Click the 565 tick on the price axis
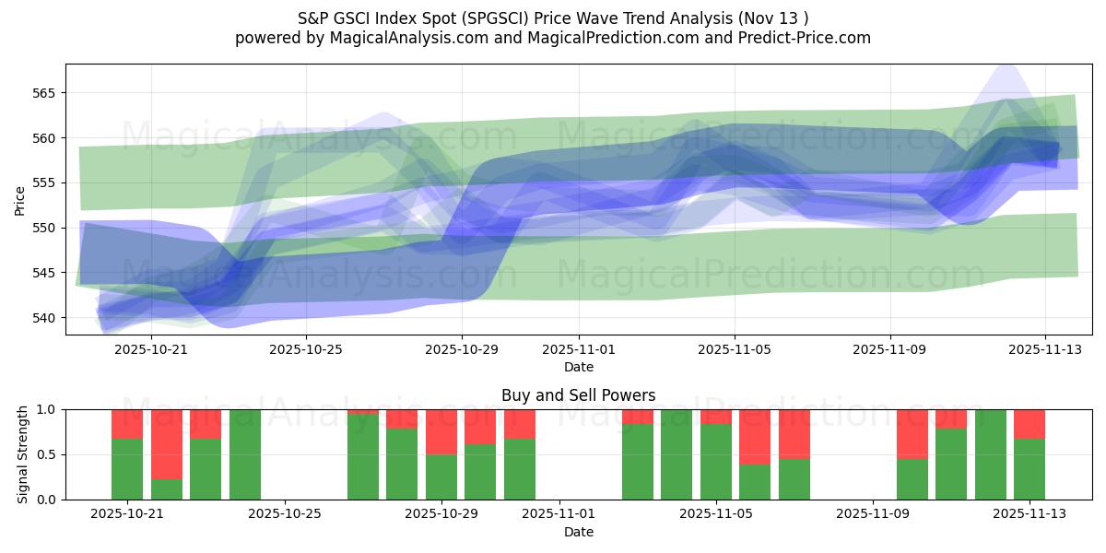[44, 93]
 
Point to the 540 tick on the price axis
[44, 318]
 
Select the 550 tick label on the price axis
[44, 228]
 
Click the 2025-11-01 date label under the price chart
[579, 350]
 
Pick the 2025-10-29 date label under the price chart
[462, 350]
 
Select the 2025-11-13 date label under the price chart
[1045, 350]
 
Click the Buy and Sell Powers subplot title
[579, 395]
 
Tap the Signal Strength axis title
[23, 454]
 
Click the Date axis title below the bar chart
[579, 532]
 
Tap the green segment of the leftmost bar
[127, 469]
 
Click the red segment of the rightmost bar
[1030, 423]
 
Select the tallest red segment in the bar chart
[167, 443]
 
